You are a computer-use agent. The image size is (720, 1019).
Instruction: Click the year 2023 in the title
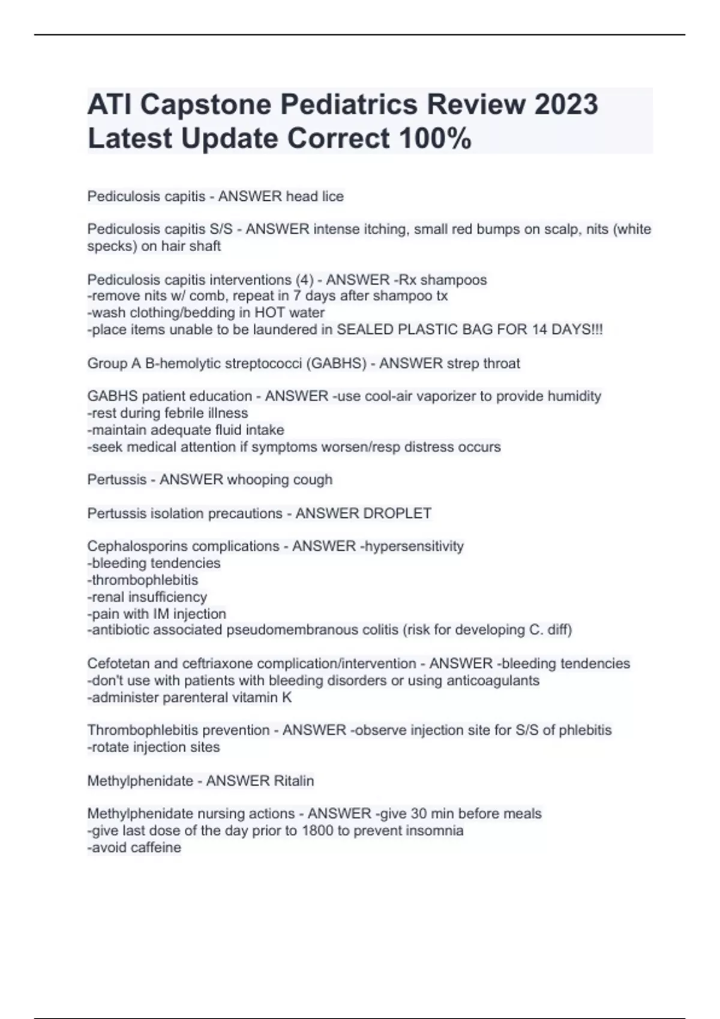click(x=566, y=104)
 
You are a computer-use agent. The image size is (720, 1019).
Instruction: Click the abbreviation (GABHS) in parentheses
click(x=336, y=363)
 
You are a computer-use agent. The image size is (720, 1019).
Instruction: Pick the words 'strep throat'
click(x=488, y=363)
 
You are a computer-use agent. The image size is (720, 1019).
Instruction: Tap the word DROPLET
click(x=397, y=513)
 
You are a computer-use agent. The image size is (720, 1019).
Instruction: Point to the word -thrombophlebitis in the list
click(x=143, y=580)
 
